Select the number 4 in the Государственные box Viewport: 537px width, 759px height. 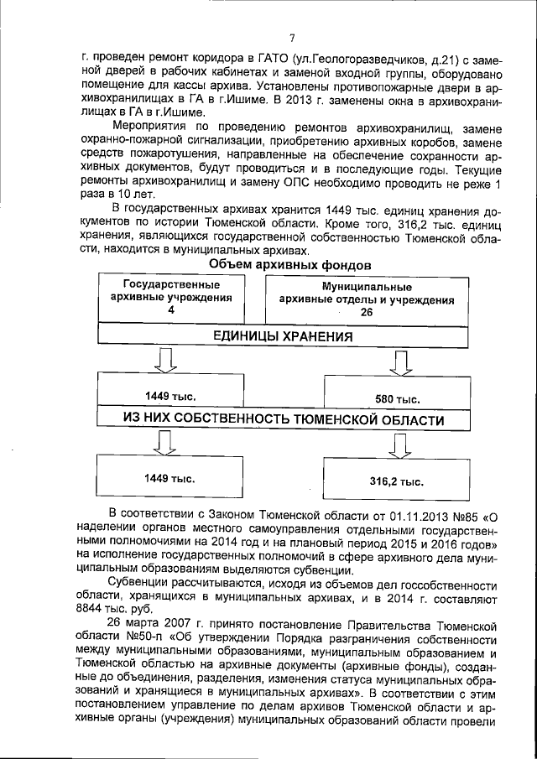coord(171,310)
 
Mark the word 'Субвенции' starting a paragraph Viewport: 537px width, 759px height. coord(140,583)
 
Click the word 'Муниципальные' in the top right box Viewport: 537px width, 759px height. coord(366,286)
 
